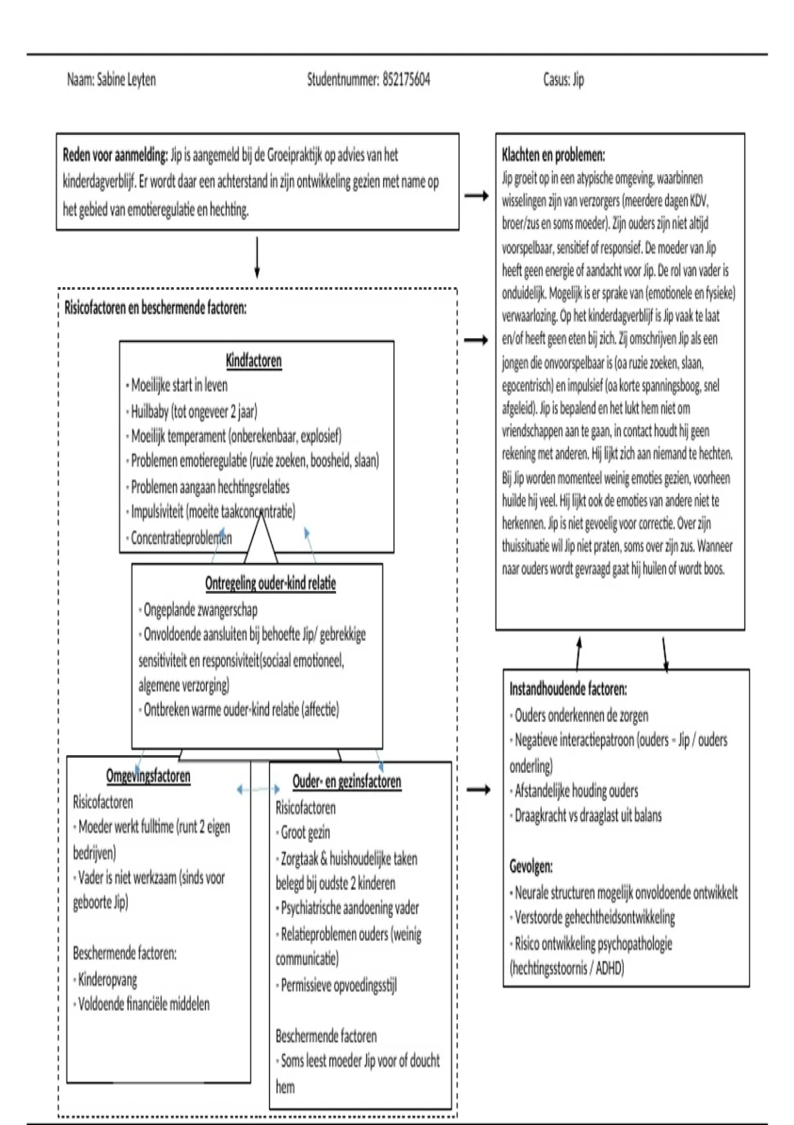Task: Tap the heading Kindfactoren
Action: tap(253, 361)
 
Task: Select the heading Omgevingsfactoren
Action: tap(148, 776)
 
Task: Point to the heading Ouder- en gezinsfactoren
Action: tap(347, 782)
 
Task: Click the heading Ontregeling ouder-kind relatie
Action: tap(270, 584)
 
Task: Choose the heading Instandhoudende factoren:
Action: tap(568, 689)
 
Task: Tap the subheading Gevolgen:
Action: tap(531, 866)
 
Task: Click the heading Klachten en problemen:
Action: tap(553, 156)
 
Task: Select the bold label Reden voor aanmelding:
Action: tap(115, 156)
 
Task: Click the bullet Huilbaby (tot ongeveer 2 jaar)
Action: tap(194, 412)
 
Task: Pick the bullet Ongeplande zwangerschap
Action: tap(200, 609)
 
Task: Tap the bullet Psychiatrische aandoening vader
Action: tap(349, 908)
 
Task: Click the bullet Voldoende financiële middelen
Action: tap(144, 1005)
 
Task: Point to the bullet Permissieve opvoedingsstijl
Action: tap(339, 985)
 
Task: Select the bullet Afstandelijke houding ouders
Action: tap(576, 791)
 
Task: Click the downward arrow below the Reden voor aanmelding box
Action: tap(257, 258)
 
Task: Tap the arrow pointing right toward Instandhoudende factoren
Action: tap(478, 789)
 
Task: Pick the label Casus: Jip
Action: tap(563, 80)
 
